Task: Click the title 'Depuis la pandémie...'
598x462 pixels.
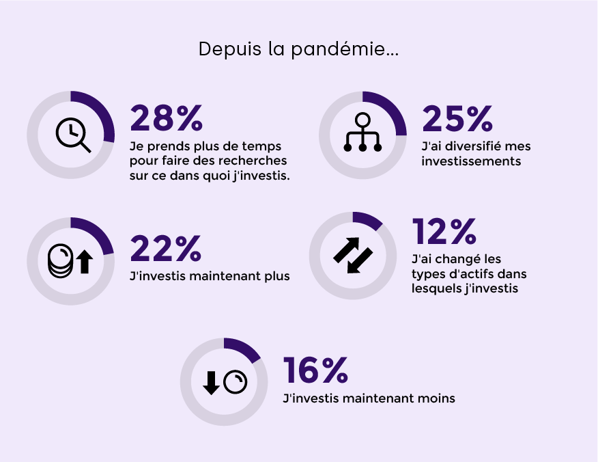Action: point(298,50)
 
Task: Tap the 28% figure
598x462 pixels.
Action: point(167,118)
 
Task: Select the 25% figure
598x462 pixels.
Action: point(457,118)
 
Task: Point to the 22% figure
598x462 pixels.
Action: point(166,247)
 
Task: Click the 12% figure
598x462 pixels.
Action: point(444,232)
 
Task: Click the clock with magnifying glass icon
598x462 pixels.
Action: point(72,135)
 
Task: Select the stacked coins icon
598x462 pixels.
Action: point(60,261)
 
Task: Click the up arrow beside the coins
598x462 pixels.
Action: point(84,262)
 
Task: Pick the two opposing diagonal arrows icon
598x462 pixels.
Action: point(353,256)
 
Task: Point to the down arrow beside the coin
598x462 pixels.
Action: point(212,383)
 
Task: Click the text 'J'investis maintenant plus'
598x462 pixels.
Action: point(210,276)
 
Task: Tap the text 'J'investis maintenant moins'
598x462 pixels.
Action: point(368,398)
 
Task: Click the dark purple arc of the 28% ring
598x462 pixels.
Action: point(102,109)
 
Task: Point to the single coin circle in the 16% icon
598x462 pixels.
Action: point(235,383)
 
